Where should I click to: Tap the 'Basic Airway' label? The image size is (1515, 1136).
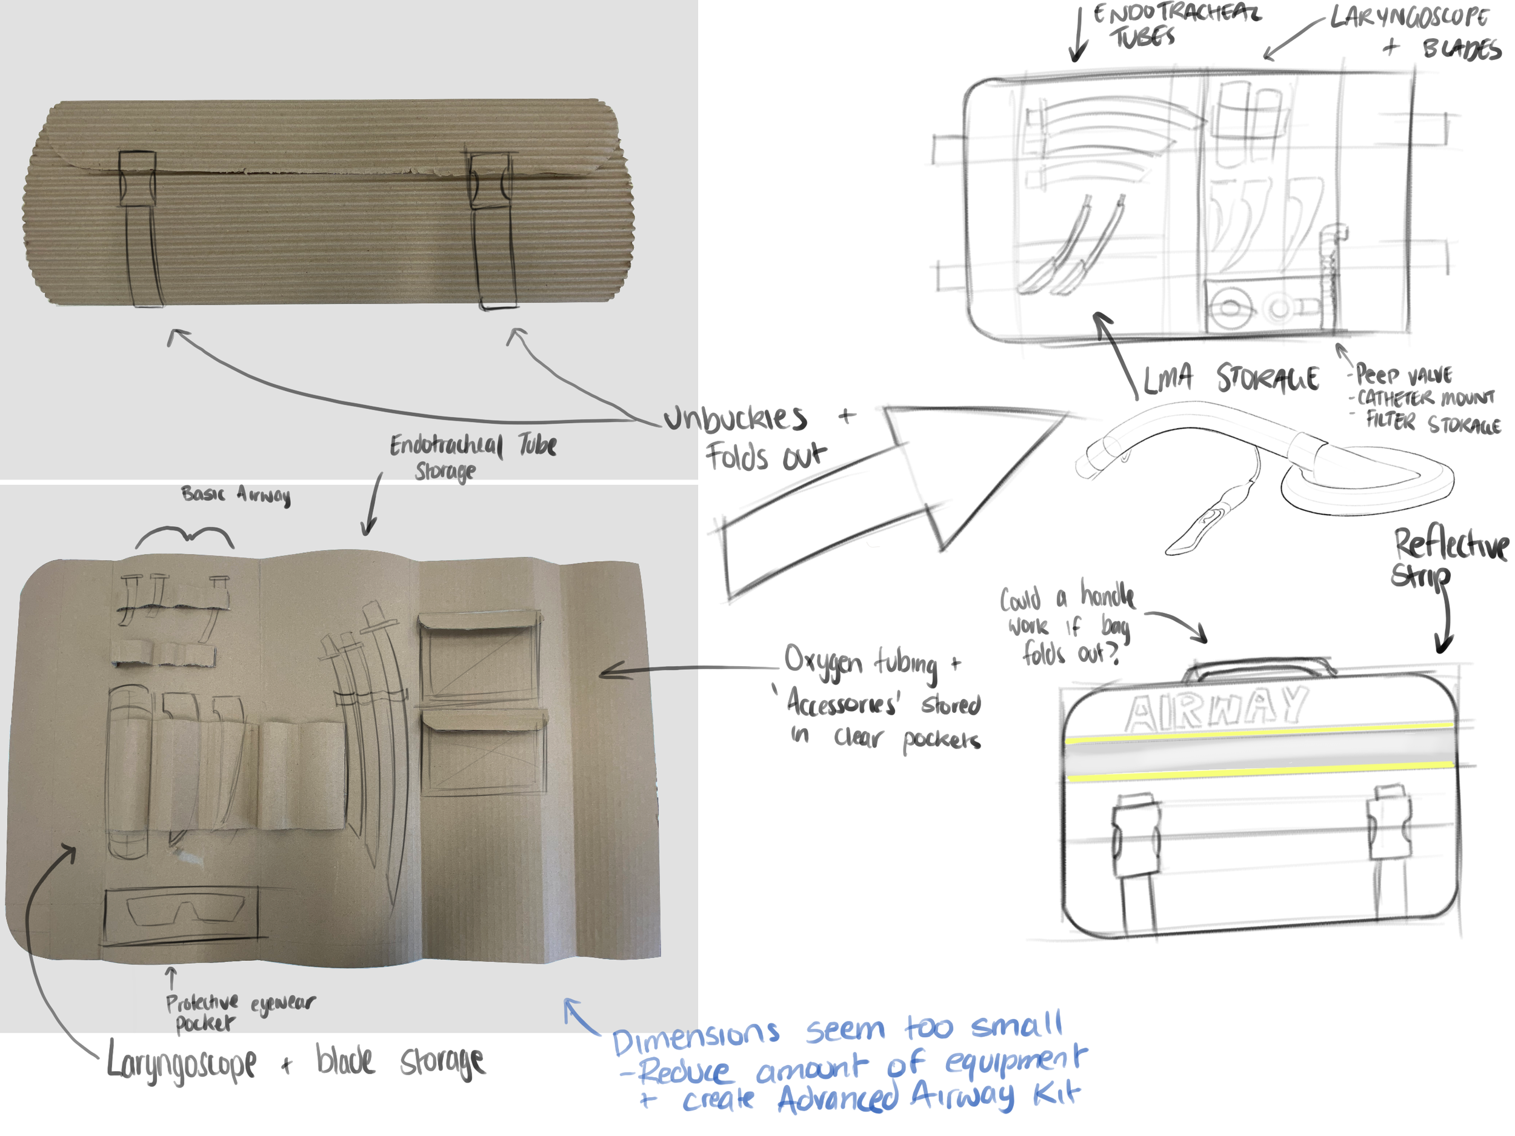236,494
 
